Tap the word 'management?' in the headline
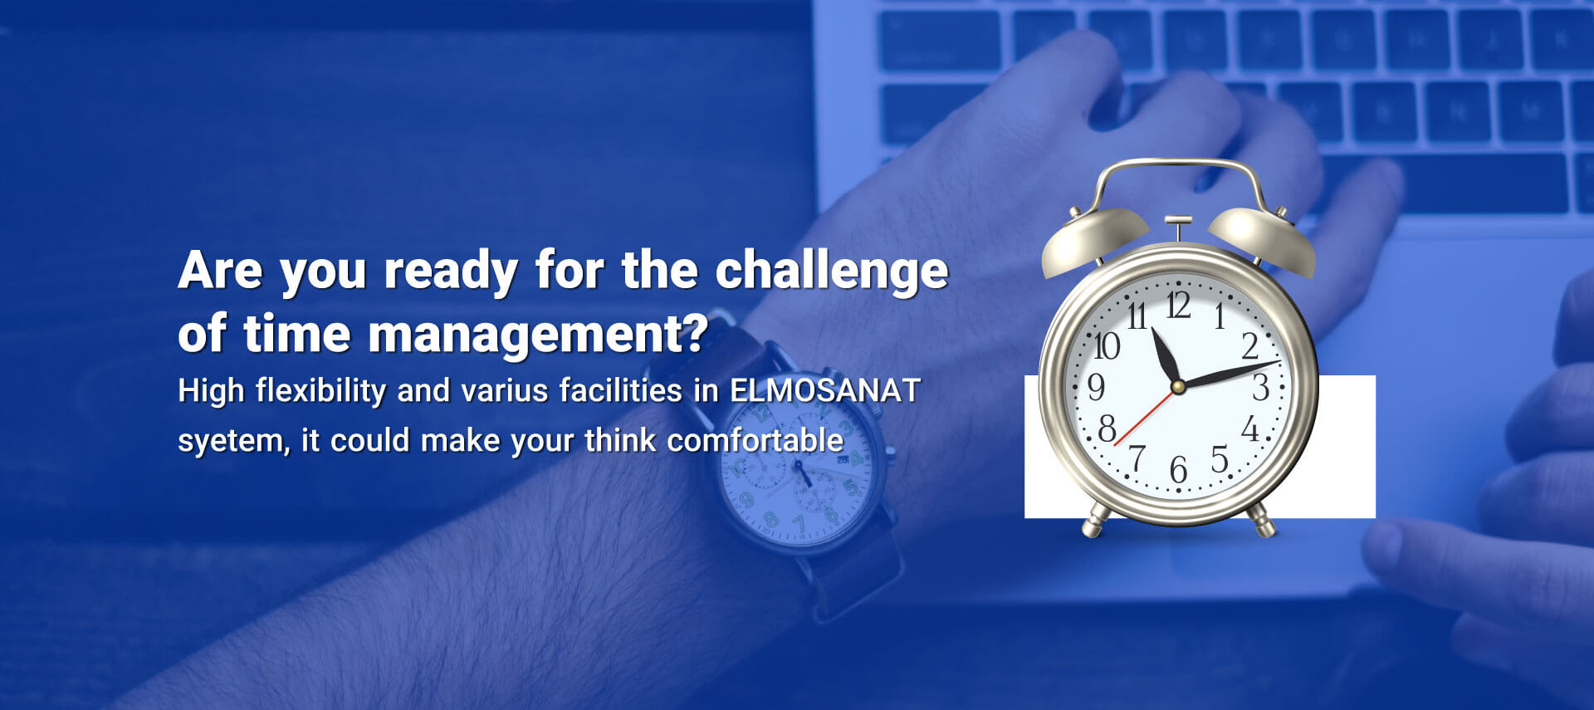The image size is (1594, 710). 538,335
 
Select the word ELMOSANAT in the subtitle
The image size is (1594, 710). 824,390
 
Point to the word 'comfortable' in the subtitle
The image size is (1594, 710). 755,440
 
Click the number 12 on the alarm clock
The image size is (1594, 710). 1178,305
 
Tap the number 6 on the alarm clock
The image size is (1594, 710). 1178,470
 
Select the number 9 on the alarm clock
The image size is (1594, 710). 1096,387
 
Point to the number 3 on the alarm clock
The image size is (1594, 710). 1260,388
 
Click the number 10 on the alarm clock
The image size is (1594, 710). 1107,346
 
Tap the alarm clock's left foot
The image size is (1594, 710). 1096,520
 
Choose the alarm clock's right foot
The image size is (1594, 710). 1261,520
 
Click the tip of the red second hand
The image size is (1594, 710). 1115,445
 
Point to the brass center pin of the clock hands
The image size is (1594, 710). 1177,387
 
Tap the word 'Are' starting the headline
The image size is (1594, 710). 220,271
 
